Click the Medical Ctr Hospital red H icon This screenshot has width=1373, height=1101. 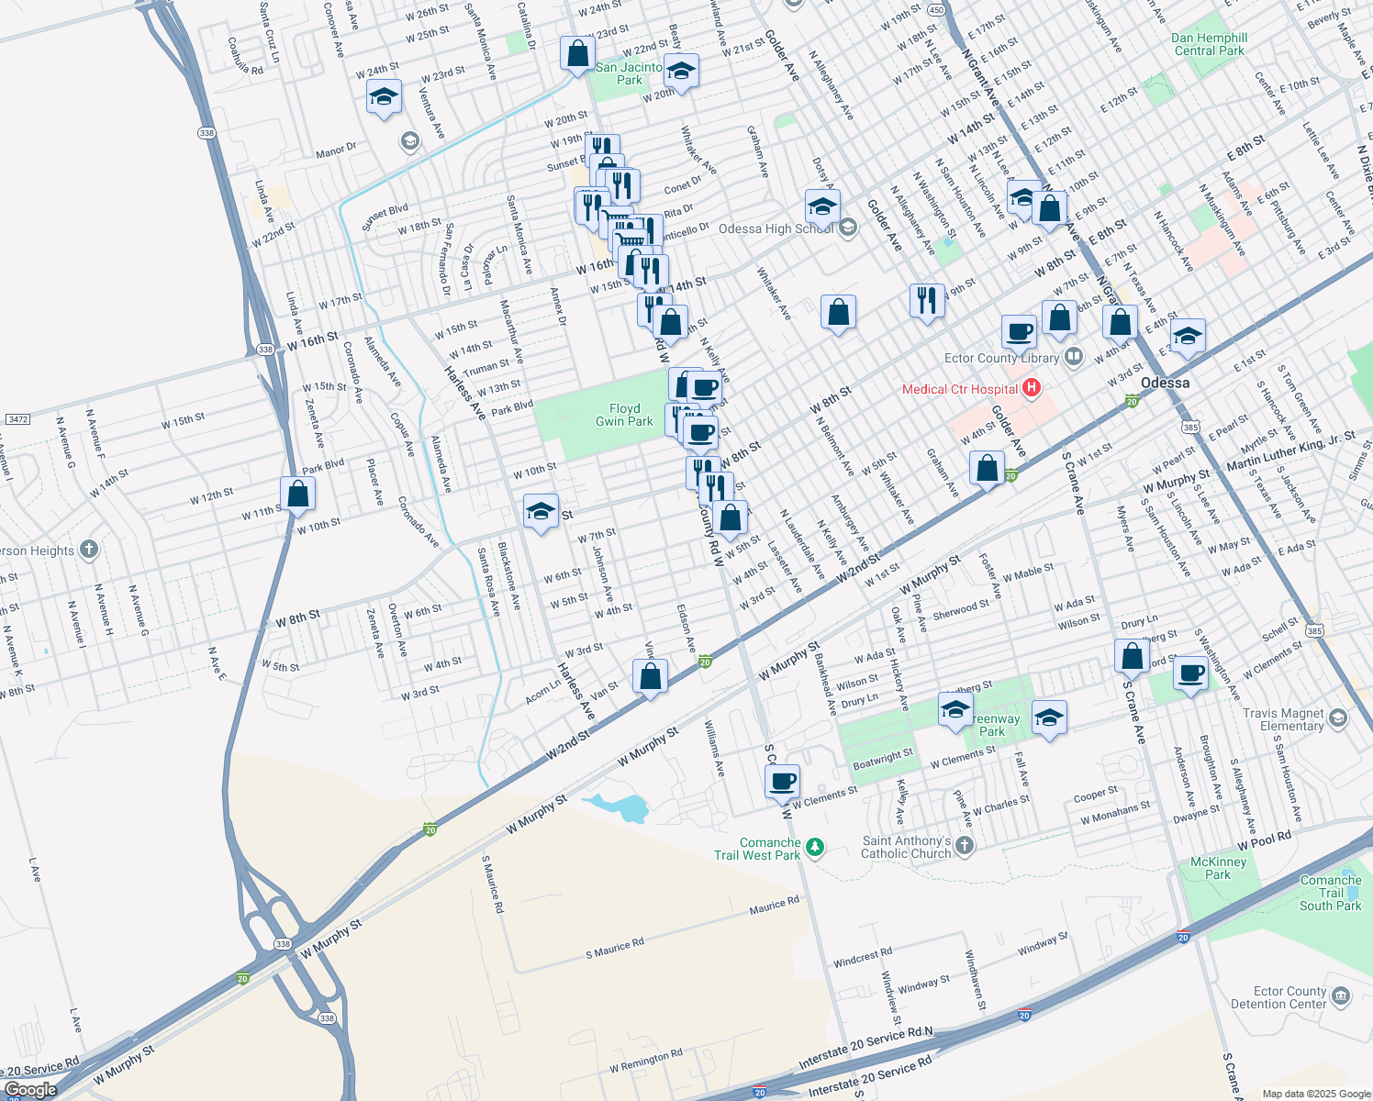(x=1032, y=388)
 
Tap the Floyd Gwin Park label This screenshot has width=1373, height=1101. (x=624, y=415)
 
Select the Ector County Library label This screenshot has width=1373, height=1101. (x=1001, y=358)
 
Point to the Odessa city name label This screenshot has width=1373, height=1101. (x=1165, y=383)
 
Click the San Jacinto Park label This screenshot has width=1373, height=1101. (x=629, y=73)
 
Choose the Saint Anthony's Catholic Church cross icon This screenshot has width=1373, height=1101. (x=964, y=845)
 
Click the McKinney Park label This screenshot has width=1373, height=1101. (x=1218, y=868)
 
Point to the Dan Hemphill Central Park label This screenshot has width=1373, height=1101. (x=1209, y=44)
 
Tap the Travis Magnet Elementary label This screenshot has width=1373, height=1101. (x=1283, y=719)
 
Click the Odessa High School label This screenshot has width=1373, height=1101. (x=776, y=228)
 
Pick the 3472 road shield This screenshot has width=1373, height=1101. (x=17, y=419)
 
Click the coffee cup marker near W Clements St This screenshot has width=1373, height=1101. (x=782, y=782)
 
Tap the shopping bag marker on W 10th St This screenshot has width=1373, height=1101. (x=297, y=494)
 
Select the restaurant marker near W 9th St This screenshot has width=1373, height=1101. (x=927, y=300)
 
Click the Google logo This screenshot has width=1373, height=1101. (x=30, y=1090)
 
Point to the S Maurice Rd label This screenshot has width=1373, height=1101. (x=615, y=949)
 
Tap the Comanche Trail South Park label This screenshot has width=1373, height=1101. (x=1331, y=893)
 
